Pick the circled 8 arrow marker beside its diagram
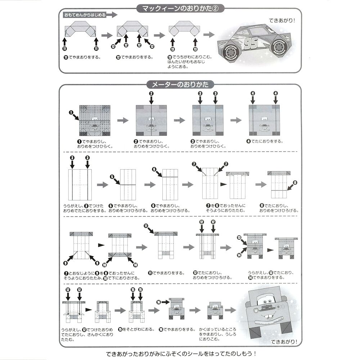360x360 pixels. [295, 183]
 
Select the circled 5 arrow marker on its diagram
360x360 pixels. [112, 177]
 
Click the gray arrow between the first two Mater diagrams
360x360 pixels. [123, 120]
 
